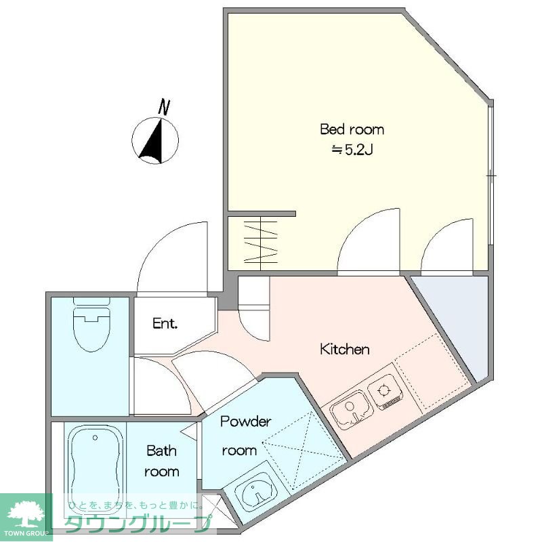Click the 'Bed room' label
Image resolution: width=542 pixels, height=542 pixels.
point(352,129)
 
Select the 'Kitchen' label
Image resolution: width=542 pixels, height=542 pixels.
point(345,349)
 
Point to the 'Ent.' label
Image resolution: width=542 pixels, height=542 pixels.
point(165,324)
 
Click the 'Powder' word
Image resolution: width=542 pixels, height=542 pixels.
point(246,421)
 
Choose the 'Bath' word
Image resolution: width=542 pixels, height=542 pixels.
point(161,451)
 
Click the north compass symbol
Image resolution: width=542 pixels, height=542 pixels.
point(155,140)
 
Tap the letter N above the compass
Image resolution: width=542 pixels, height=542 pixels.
point(164,107)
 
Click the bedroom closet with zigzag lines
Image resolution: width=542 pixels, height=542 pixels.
point(252,243)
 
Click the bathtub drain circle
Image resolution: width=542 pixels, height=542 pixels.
point(95,438)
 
